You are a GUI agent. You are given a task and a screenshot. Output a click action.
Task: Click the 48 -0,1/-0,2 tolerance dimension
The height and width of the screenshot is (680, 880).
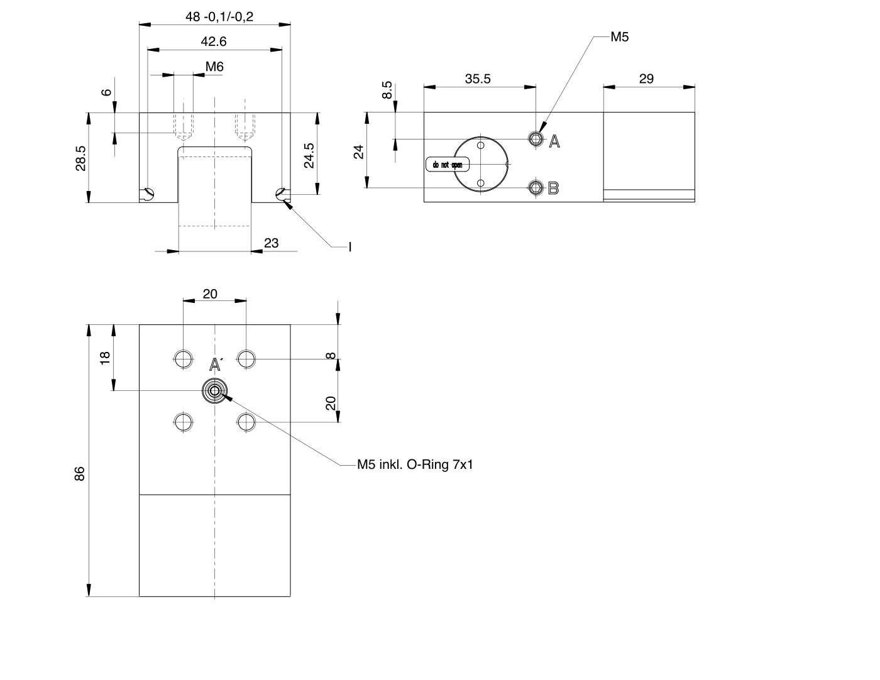[x=219, y=16]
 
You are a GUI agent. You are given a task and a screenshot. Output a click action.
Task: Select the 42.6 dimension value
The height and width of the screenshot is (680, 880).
[x=214, y=41]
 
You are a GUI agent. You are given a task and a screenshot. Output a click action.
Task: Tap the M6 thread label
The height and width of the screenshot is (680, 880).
[x=214, y=67]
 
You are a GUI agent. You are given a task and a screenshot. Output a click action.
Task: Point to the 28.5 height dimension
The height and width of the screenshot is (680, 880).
[x=81, y=158]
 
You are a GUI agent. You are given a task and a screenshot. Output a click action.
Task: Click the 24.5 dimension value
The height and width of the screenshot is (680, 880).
[x=309, y=155]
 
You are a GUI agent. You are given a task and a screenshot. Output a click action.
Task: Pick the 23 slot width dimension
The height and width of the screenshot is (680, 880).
[x=271, y=243]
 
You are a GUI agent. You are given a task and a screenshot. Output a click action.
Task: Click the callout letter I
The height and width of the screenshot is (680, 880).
[x=350, y=247]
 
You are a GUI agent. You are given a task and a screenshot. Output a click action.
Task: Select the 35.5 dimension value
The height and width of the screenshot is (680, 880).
[x=478, y=79]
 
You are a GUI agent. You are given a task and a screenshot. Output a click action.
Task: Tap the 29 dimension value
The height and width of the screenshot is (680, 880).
[x=646, y=79]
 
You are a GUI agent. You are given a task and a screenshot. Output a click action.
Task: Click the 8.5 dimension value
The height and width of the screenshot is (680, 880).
[x=387, y=90]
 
